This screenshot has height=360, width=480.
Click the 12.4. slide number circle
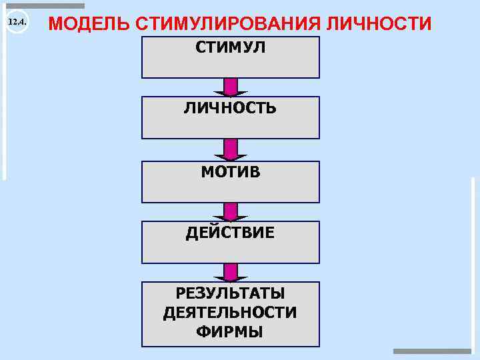click(x=16, y=23)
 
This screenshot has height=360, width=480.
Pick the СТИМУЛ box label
click(x=230, y=48)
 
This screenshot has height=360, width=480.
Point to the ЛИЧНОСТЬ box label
click(x=230, y=108)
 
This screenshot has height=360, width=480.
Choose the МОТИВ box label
click(x=230, y=172)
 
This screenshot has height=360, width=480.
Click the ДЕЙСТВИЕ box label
click(x=230, y=233)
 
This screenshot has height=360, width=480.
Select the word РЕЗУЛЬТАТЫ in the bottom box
click(x=230, y=293)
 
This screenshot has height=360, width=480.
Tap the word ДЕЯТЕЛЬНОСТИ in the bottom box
click(x=230, y=313)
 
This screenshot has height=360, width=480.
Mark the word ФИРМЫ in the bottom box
click(x=230, y=332)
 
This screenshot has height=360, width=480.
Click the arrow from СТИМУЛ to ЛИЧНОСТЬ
click(x=231, y=87)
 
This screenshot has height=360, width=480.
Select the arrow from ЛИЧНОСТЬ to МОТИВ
click(x=231, y=149)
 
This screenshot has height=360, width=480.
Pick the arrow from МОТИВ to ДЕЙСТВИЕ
click(x=231, y=211)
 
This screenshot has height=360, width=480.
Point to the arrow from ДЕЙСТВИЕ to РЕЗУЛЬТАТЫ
click(x=231, y=272)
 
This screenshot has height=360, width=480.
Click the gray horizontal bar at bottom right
click(x=431, y=351)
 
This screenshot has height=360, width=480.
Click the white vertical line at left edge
click(x=4, y=93)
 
